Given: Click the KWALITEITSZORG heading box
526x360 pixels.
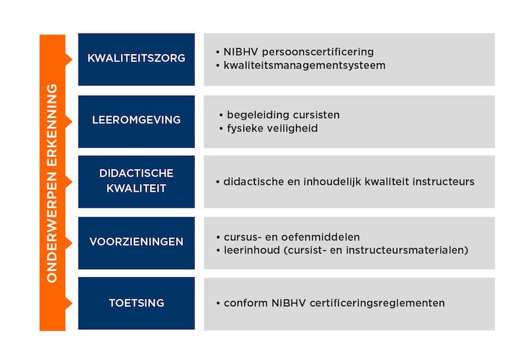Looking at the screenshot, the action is pos(136,59).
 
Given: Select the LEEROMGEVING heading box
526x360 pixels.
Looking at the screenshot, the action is pos(136,122).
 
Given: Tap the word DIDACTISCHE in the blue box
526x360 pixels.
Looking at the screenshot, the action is pos(136,173).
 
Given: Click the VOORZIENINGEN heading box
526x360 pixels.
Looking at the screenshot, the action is pos(136,243).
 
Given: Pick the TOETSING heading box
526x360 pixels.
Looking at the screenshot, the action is pos(136,304).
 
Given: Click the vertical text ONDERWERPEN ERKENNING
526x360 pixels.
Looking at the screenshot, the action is pos(52,183).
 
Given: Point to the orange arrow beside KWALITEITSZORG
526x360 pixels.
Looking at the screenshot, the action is pos(68,60).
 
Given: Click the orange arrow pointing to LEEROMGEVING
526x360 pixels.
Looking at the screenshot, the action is pos(68,122).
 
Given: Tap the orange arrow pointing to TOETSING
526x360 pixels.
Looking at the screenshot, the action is pos(68,304).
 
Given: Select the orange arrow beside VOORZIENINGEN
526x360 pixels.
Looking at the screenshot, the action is pos(68,243).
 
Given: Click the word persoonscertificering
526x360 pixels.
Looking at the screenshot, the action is pos(318,53).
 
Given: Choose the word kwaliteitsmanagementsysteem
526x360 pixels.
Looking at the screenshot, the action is pos(304,65).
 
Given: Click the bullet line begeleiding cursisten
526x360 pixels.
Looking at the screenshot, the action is pos(279,115).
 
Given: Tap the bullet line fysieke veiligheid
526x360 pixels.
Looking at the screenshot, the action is pos(268,128).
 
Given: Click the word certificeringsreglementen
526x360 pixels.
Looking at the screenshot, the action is pos(377,304).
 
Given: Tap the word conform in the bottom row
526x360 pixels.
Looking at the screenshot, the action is pos(246,304).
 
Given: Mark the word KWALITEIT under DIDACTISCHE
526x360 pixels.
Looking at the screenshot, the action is pos(136,189).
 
